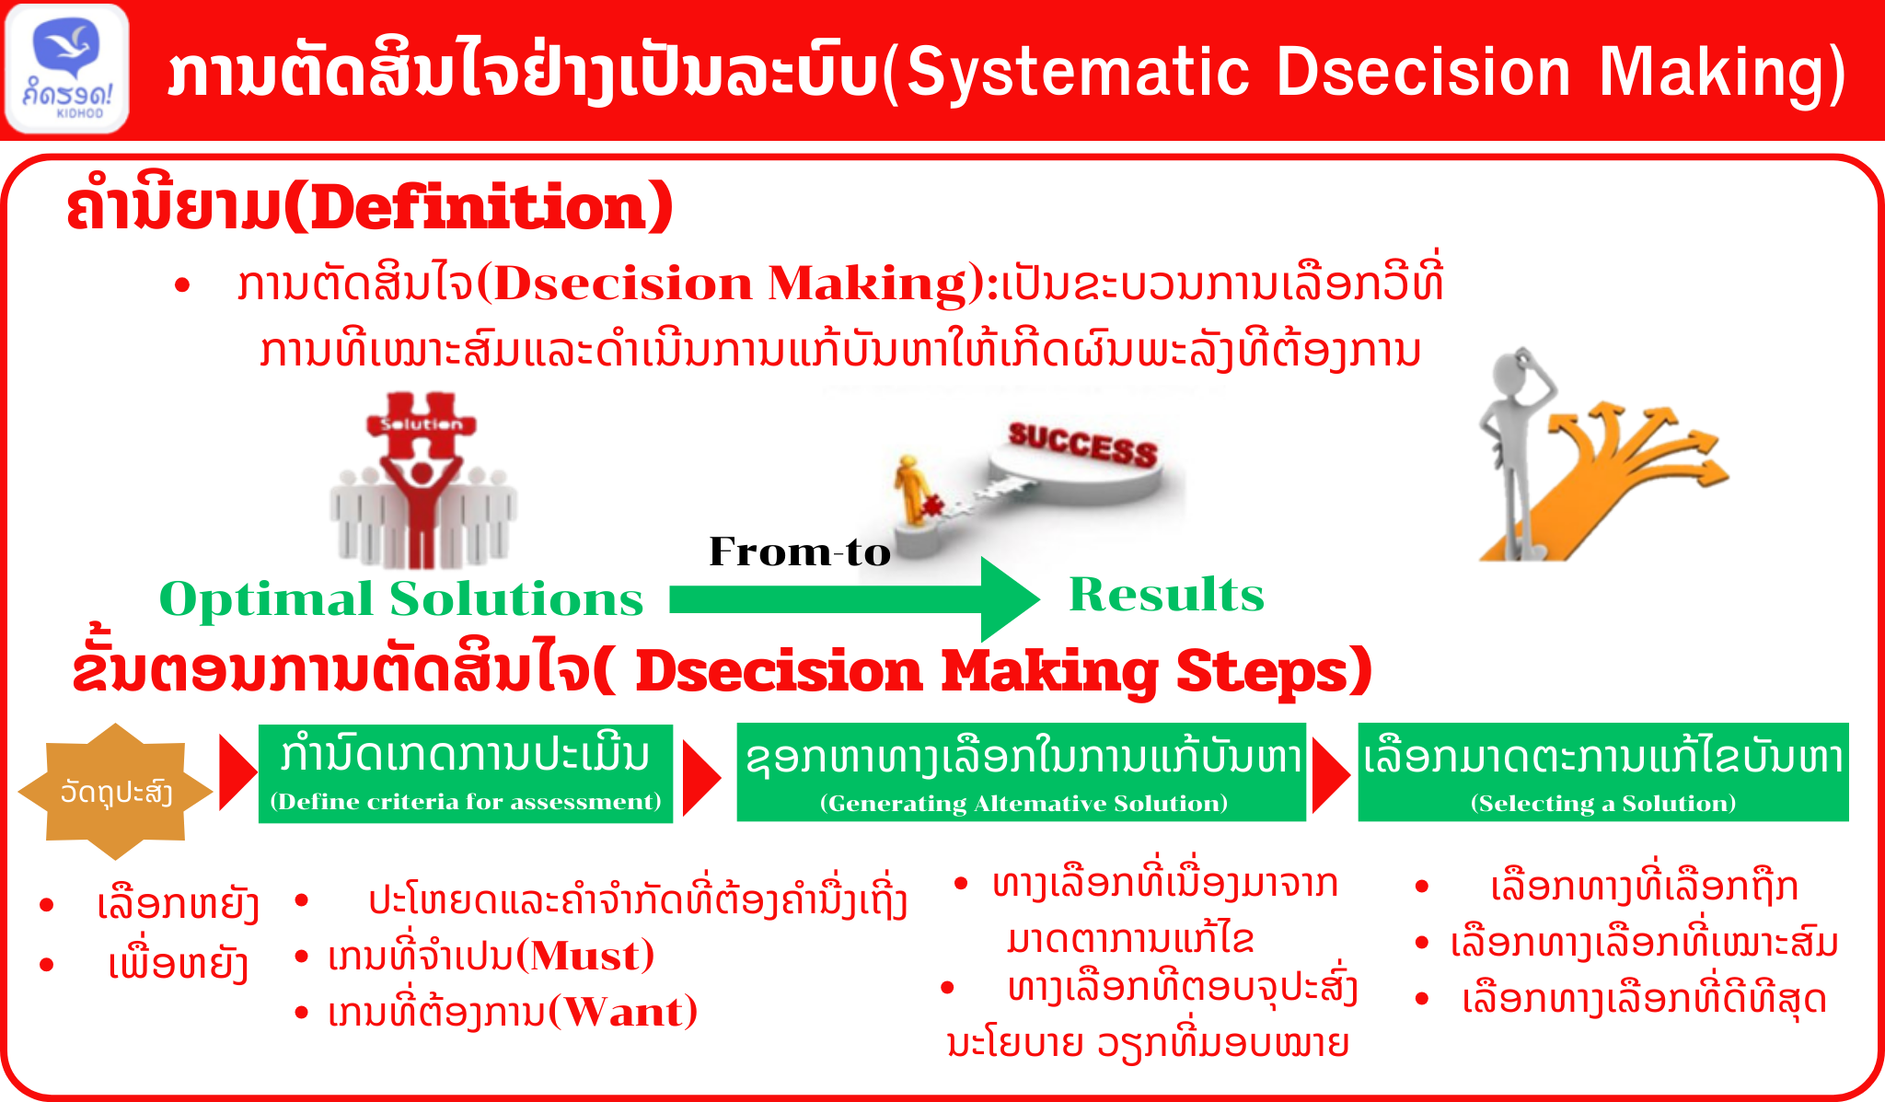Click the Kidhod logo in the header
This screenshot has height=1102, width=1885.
tap(67, 69)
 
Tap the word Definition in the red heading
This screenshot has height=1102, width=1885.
tap(478, 206)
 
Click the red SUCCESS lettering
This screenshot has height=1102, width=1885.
tap(1082, 445)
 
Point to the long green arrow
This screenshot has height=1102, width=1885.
tap(854, 599)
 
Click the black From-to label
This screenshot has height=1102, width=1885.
tap(800, 551)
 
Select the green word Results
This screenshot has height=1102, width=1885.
tap(1166, 594)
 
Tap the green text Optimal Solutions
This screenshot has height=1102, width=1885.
tap(401, 599)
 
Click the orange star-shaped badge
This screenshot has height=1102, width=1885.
tap(115, 791)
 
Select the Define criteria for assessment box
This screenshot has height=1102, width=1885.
tap(466, 773)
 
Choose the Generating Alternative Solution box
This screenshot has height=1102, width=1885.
tap(1022, 771)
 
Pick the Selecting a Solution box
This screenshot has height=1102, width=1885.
tap(1603, 771)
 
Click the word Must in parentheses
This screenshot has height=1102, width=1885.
tap(584, 956)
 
